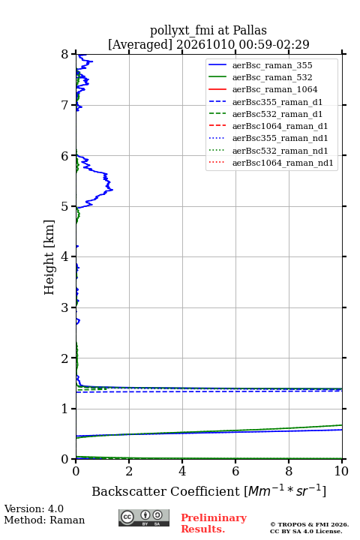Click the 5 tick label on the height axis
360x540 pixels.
[x=65, y=206]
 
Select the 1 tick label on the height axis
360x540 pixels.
[x=65, y=409]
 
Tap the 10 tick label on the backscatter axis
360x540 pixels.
[x=341, y=471]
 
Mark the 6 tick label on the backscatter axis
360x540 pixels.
[x=235, y=471]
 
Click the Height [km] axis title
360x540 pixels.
[x=49, y=257]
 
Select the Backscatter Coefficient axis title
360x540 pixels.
[x=208, y=490]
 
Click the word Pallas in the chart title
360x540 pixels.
[x=250, y=30]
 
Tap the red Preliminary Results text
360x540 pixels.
[x=214, y=523]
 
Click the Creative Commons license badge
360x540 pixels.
[x=144, y=518]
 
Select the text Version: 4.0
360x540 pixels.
[x=34, y=508]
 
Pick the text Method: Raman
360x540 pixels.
[x=44, y=520]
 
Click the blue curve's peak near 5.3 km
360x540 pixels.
[x=112, y=190]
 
